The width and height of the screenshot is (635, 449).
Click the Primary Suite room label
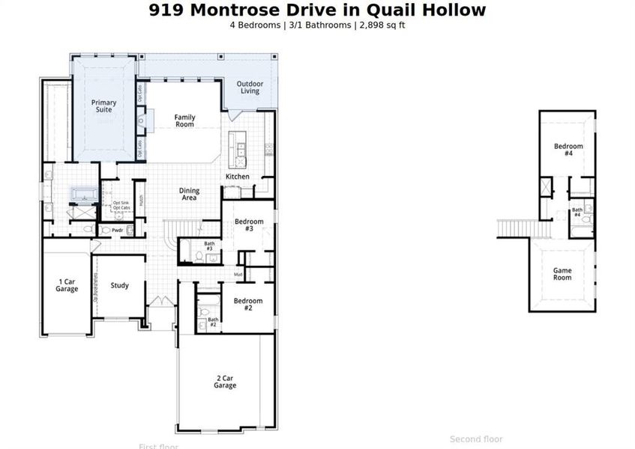[x=103, y=106]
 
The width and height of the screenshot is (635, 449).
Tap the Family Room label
[x=184, y=120]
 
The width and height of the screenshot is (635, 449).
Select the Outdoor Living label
[x=250, y=88]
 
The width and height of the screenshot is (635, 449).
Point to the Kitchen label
[x=238, y=177]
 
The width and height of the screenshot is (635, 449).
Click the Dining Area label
[x=189, y=195]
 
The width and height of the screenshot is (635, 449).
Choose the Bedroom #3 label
[x=249, y=225]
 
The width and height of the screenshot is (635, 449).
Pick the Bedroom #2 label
[x=247, y=305]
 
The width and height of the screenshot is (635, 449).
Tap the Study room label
[x=119, y=285]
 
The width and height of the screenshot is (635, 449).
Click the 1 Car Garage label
[x=67, y=285]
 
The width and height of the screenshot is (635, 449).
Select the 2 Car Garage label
[x=224, y=382]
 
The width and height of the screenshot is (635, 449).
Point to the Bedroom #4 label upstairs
[x=568, y=149]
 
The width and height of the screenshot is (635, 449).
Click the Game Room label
[x=562, y=274]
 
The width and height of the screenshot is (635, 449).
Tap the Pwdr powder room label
[x=117, y=230]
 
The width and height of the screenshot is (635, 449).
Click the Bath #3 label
[x=209, y=245]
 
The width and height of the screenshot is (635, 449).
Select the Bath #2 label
[x=212, y=323]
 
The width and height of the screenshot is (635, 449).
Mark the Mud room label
[x=238, y=275]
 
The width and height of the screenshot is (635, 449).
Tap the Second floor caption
[x=475, y=439]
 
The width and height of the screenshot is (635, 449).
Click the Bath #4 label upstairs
[x=577, y=213]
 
